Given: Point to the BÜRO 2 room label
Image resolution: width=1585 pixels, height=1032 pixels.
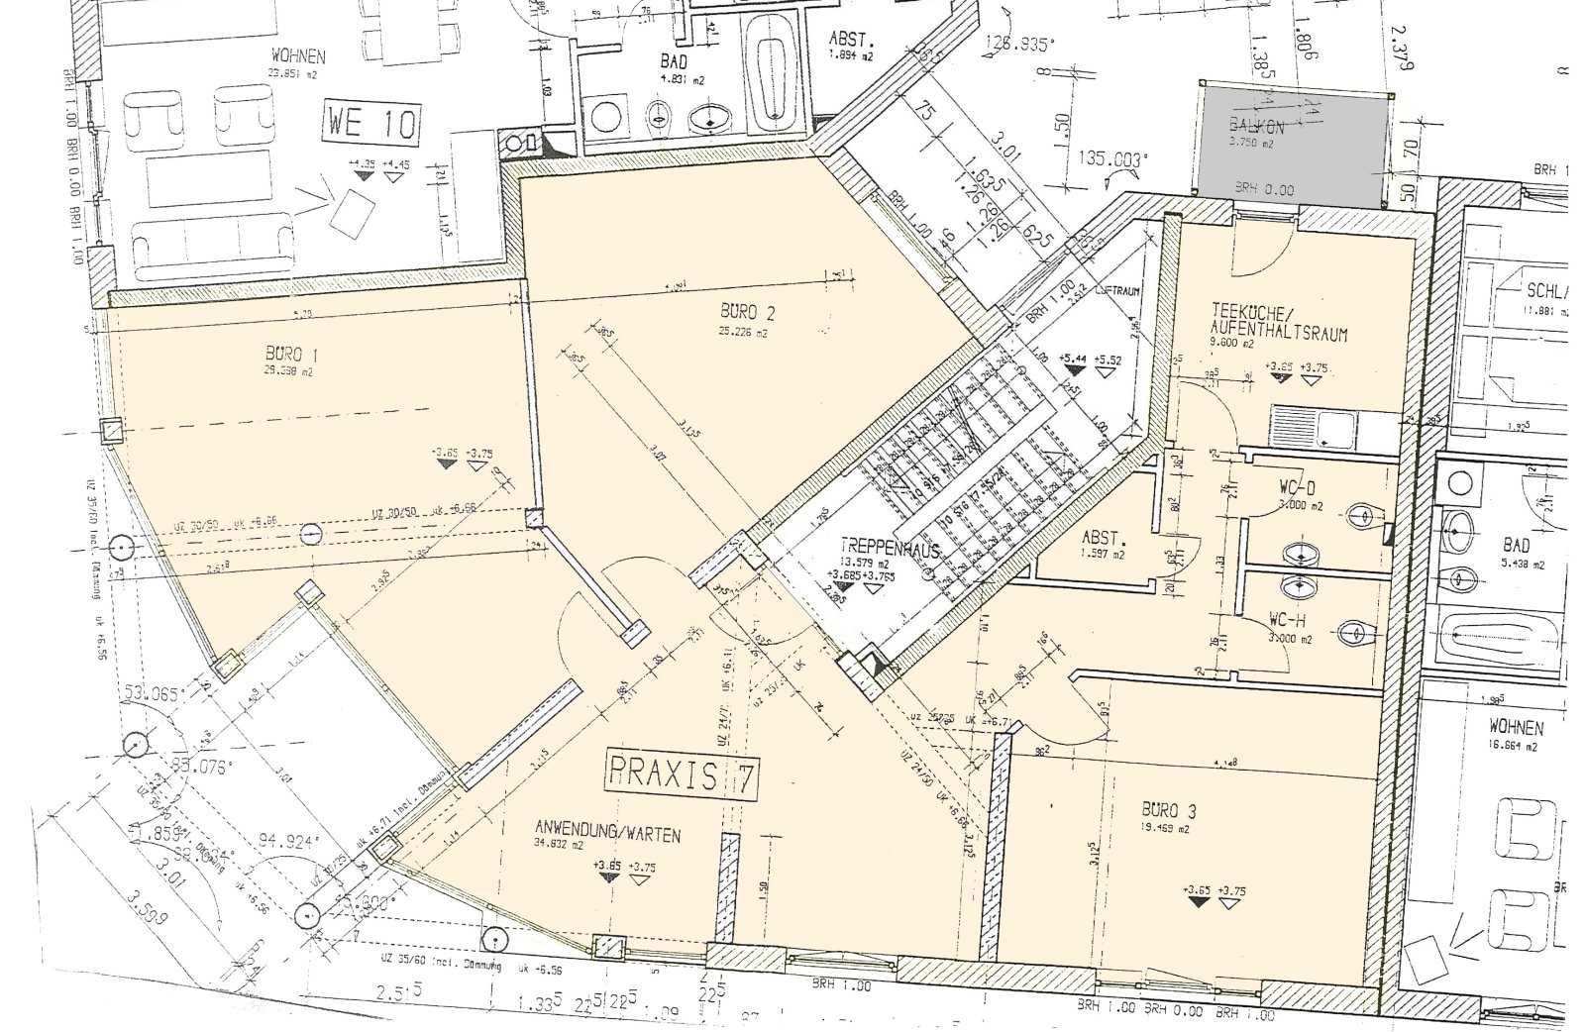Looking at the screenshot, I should coord(748,314).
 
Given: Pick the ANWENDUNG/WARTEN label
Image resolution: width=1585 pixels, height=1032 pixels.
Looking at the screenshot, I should coord(607,835).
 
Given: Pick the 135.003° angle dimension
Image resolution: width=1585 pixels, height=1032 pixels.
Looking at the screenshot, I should coord(1108,157).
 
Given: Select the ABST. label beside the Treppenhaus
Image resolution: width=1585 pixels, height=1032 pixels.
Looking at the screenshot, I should coord(1106,540).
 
